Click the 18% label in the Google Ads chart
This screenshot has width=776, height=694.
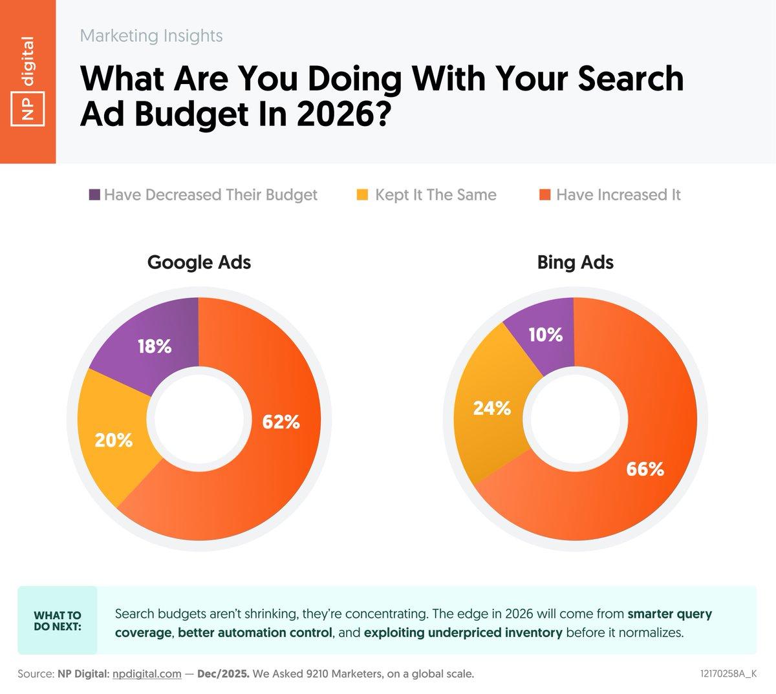click(155, 347)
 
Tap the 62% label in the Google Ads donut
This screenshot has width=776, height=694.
click(281, 422)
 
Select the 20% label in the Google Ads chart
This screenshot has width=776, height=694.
click(114, 441)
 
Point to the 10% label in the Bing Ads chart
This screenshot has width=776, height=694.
click(545, 335)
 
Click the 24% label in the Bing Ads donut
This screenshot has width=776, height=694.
click(492, 408)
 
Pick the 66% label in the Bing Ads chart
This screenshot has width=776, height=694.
click(645, 468)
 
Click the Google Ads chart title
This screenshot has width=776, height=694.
click(199, 262)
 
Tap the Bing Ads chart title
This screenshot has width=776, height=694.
click(575, 262)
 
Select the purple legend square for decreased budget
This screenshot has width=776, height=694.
click(94, 195)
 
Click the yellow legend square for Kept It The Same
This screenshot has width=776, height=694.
click(363, 195)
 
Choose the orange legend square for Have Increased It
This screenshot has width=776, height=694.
click(544, 195)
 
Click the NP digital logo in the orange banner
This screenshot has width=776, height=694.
click(28, 81)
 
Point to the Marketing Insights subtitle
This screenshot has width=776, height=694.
click(151, 36)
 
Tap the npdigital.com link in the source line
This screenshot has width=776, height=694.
click(146, 674)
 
